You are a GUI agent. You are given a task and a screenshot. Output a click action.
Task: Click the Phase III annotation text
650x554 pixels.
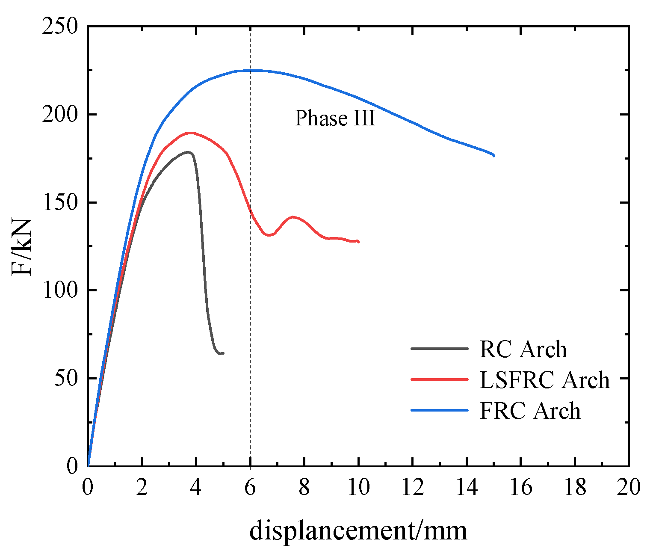pos(335,119)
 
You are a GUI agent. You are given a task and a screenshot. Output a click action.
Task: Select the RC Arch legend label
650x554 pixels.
pos(523,350)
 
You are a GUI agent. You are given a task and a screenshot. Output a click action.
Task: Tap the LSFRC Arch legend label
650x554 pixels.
pos(544,380)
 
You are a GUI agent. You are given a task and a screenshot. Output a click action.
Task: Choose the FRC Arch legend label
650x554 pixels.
pos(530,411)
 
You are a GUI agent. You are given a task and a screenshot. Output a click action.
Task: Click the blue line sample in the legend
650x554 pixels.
pos(439,410)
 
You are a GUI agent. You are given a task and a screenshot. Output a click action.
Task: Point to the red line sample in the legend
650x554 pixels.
pos(439,379)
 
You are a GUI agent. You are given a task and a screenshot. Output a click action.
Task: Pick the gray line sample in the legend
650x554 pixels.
pos(439,349)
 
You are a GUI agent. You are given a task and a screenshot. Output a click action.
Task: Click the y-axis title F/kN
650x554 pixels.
pos(22,247)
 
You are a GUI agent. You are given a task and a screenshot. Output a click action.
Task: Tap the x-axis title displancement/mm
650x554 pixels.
pos(358,530)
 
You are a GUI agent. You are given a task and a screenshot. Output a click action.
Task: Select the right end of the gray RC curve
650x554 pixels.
pos(223,353)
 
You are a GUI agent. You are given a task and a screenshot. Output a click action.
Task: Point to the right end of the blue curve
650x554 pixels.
pos(493,155)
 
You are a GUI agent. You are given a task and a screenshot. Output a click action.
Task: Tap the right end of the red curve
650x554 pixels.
pos(358,242)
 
